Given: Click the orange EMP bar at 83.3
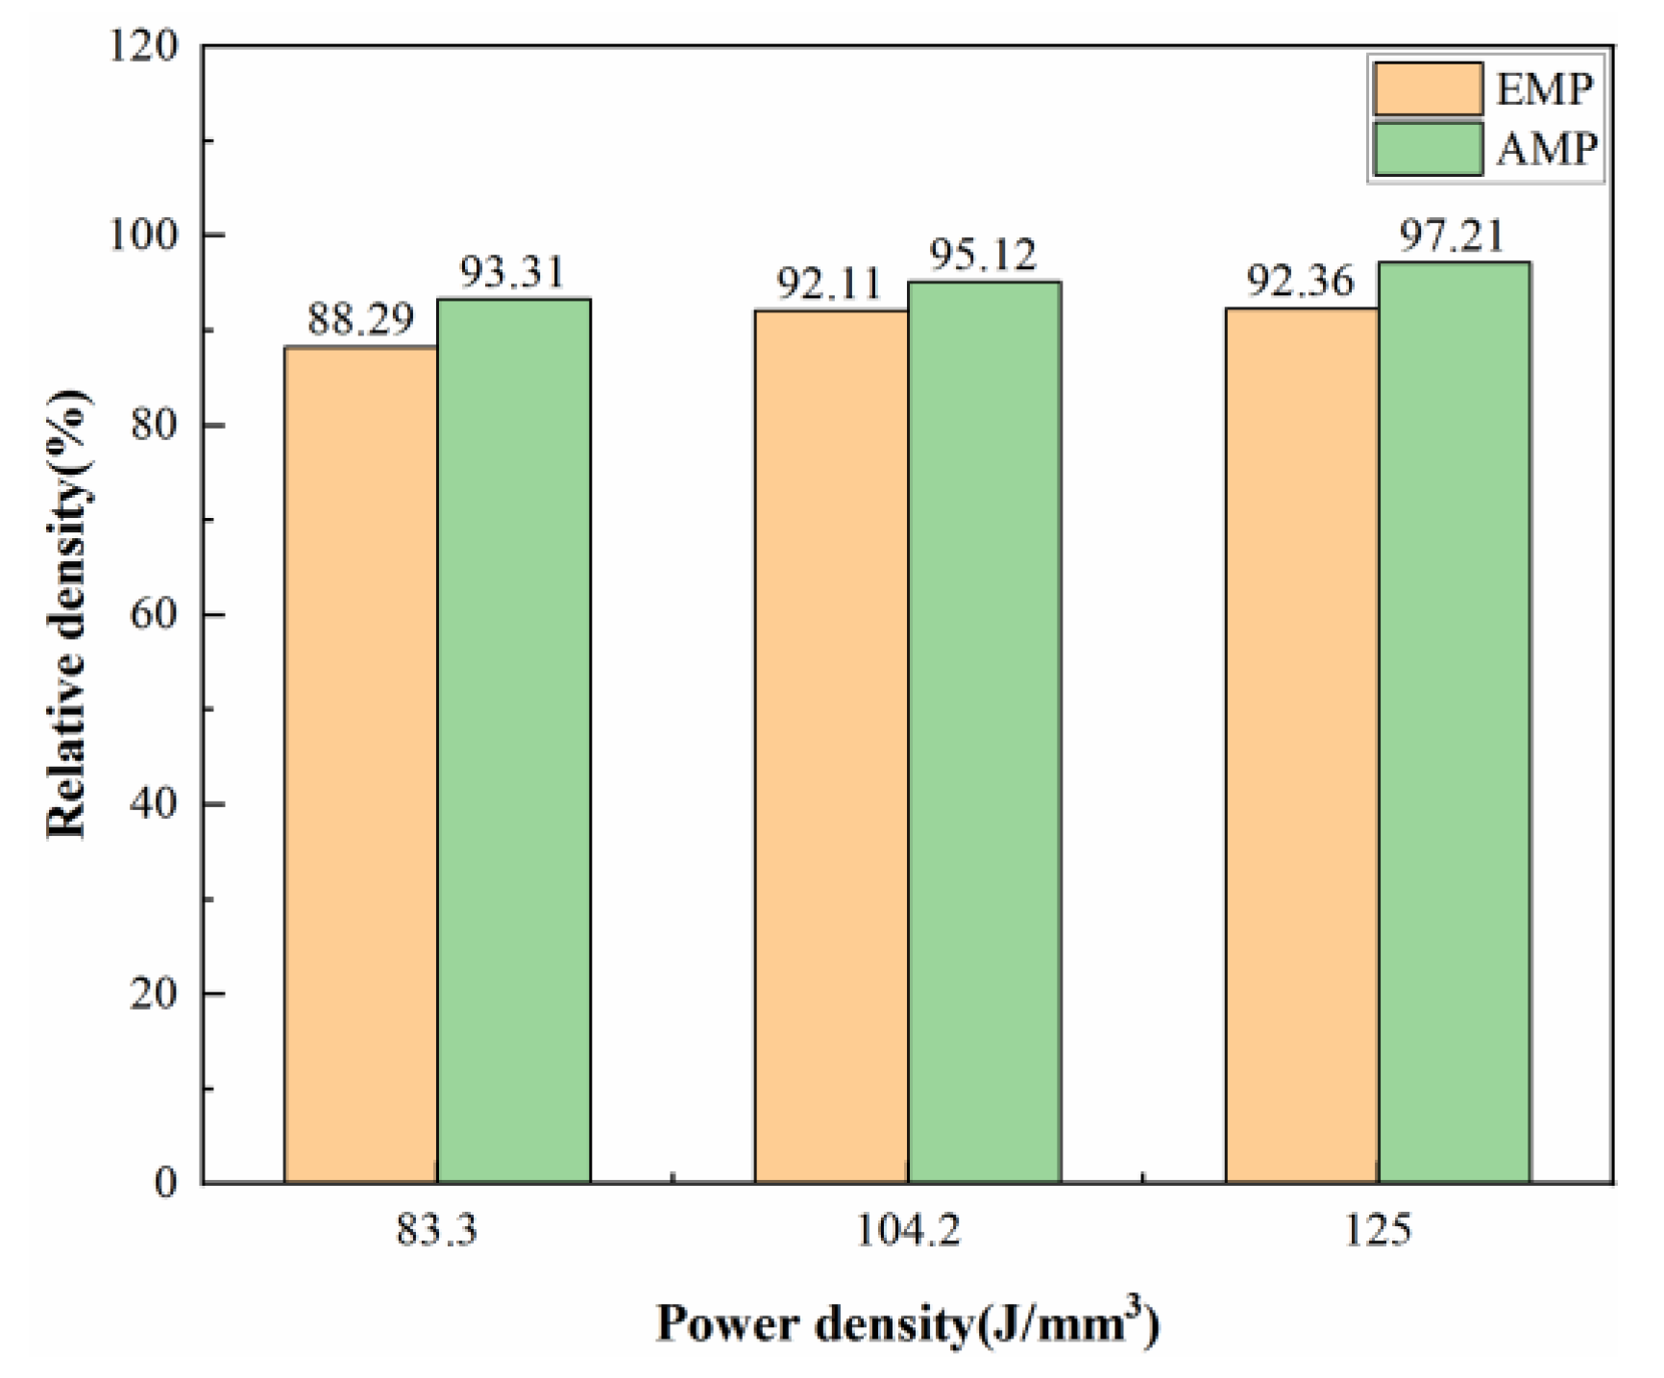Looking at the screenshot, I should [x=361, y=764].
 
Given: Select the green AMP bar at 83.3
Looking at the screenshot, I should [x=514, y=740].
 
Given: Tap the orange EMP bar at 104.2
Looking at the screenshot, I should [x=832, y=746].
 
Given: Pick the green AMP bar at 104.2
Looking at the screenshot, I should [x=985, y=731].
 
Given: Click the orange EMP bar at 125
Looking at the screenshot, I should [x=1302, y=745].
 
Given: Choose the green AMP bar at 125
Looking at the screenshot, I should [x=1455, y=722].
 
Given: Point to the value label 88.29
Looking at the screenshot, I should [x=360, y=318].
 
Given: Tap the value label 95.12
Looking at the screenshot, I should [x=985, y=256].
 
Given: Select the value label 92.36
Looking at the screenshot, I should [x=1300, y=282].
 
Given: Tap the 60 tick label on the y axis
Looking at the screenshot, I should [x=154, y=614].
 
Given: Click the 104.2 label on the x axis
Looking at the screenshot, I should [x=908, y=1231].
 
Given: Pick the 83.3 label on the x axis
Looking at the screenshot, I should [x=437, y=1231].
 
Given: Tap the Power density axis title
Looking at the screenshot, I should [x=908, y=1324].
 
